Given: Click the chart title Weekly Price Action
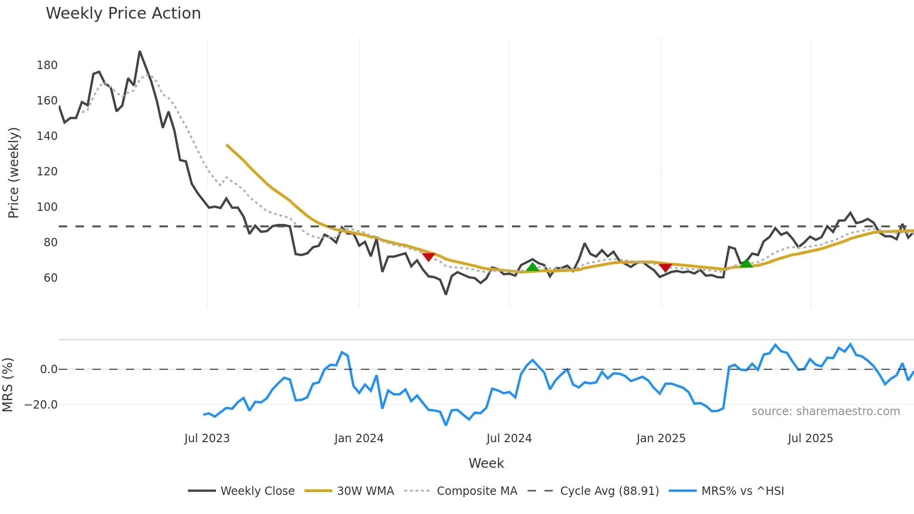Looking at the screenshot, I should click(123, 14).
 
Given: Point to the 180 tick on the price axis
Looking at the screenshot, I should click(47, 65).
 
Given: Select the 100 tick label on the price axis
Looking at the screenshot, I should click(47, 207).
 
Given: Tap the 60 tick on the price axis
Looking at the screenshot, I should click(50, 278).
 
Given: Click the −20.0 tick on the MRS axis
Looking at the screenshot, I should click(41, 405).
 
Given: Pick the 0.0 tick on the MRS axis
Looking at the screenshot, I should click(48, 369).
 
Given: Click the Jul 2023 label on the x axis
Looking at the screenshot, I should click(207, 438).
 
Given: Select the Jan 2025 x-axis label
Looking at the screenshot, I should click(661, 438).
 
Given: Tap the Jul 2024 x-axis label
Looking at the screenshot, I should click(509, 438).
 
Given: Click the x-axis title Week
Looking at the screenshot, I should click(486, 463).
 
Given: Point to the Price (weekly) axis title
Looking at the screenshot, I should click(14, 173).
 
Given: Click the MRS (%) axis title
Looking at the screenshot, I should click(8, 385).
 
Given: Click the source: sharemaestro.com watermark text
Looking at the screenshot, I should click(825, 411).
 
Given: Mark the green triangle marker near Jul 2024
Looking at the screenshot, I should click(532, 267).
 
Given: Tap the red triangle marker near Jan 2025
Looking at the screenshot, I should click(665, 267).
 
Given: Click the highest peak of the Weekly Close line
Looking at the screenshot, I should click(139, 52).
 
